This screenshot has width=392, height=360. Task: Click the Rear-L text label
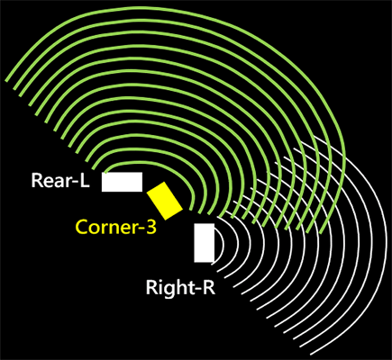click(x=60, y=180)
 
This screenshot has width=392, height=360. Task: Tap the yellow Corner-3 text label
click(x=116, y=227)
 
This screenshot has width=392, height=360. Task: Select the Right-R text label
click(x=180, y=287)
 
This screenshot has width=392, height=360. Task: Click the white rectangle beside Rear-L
click(x=122, y=182)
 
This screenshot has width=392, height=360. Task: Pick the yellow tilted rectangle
click(x=165, y=201)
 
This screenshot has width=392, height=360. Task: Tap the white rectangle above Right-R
click(x=205, y=243)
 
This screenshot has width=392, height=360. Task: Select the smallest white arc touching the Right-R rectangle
click(x=223, y=245)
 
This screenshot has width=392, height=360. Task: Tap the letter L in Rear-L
click(x=85, y=180)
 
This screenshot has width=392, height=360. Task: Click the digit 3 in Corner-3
click(x=151, y=227)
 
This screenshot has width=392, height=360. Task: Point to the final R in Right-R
click(x=209, y=287)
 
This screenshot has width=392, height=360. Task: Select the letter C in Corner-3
click(x=82, y=227)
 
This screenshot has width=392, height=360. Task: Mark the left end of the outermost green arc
click(x=5, y=81)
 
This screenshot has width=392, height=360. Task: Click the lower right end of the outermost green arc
click(x=321, y=233)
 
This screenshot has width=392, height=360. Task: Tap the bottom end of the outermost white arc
click(x=311, y=355)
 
